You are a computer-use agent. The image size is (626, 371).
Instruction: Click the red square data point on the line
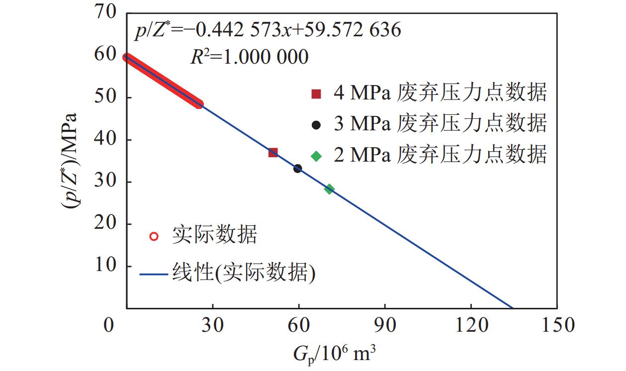[273, 152]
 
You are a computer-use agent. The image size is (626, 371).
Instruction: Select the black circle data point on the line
[298, 169]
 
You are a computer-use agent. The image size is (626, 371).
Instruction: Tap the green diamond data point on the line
[329, 189]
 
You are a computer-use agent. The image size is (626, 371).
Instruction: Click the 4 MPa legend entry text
[440, 93]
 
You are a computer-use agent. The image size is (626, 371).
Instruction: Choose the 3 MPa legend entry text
[440, 123]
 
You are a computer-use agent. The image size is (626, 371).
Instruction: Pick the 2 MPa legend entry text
[440, 155]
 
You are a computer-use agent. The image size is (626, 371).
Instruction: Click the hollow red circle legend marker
[154, 236]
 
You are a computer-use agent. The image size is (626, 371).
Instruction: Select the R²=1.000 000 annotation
[250, 57]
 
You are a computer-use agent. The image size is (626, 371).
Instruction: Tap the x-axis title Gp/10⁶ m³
[334, 354]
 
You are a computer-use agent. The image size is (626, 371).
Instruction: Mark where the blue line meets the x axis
[513, 308]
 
